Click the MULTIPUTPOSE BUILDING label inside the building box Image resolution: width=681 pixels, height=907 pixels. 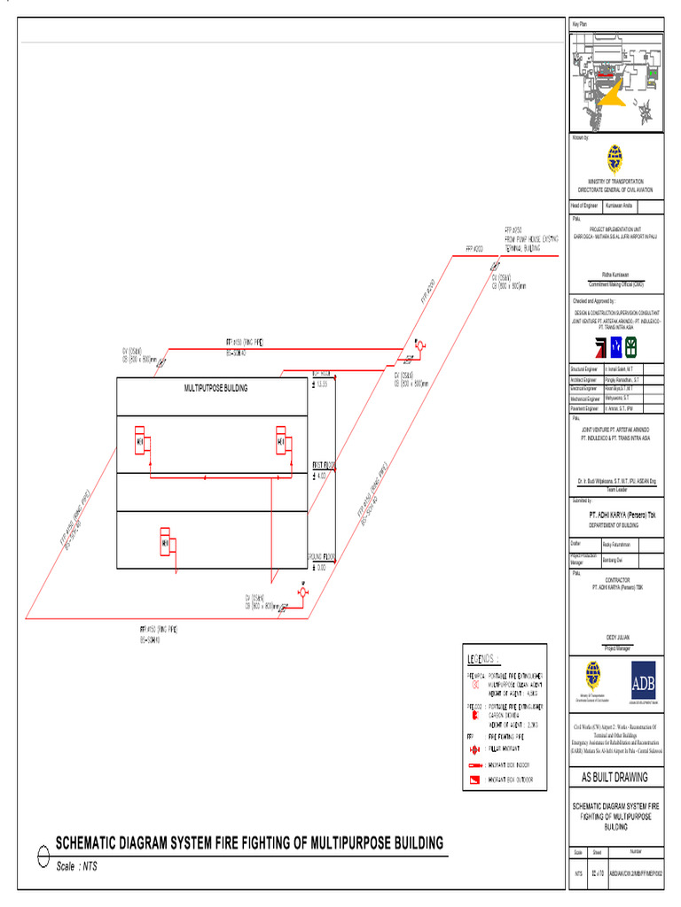[215, 388]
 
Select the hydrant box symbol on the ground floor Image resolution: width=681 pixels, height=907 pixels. [165, 542]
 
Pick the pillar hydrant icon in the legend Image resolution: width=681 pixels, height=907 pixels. [475, 748]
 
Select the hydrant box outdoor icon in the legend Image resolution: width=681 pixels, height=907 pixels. [475, 780]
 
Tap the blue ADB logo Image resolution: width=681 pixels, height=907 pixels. [643, 682]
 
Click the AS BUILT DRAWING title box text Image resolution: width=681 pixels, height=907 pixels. [614, 777]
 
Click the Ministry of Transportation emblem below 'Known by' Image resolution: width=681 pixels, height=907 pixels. [614, 159]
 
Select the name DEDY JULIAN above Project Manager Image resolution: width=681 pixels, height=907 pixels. [614, 636]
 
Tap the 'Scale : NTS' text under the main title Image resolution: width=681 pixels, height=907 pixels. [76, 866]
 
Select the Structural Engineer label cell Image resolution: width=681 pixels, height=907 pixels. [585, 368]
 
